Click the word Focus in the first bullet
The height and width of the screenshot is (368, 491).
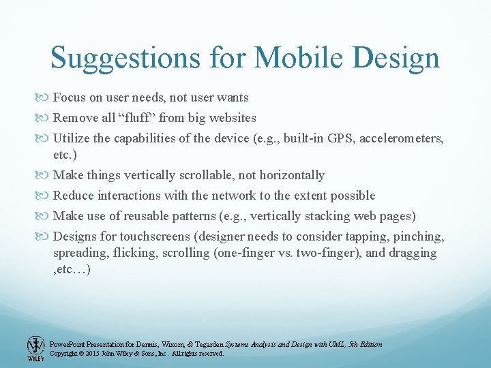(68, 97)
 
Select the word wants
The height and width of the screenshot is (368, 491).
(232, 97)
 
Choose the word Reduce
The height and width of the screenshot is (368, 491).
(74, 196)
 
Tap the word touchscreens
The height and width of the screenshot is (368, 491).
(156, 236)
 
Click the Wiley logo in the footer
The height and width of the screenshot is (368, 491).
(35, 348)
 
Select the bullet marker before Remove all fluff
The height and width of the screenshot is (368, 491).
(45, 118)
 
